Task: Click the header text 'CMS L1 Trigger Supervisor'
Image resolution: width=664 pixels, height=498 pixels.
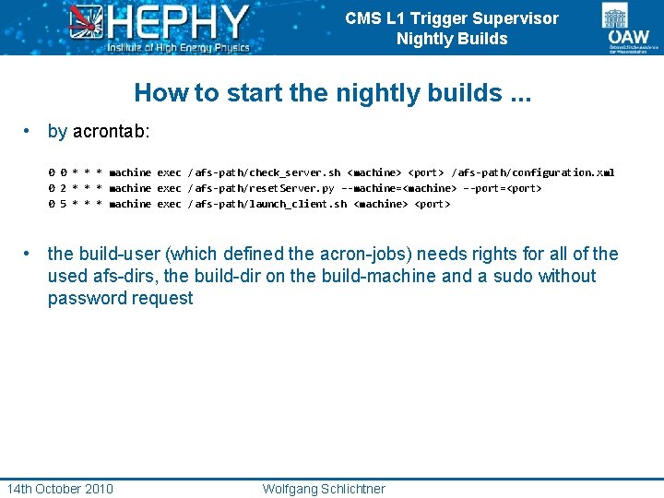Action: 452,18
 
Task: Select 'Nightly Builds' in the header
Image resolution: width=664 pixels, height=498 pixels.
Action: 452,39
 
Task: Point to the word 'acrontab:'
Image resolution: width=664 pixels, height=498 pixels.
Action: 111,132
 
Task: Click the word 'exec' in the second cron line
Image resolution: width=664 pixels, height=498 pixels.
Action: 169,188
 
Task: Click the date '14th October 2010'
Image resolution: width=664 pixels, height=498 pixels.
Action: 60,489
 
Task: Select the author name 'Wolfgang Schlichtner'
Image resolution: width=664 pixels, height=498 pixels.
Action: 324,489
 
